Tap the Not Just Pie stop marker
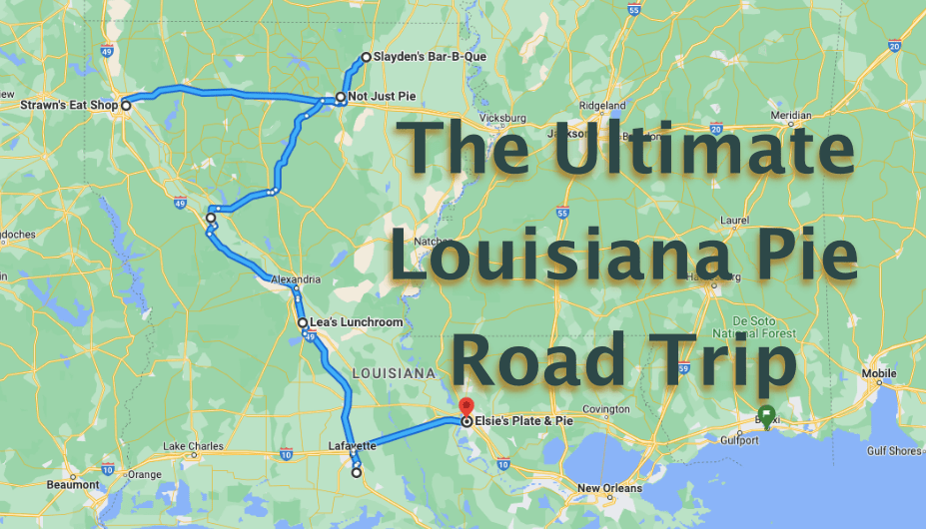[341, 98]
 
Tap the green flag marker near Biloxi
[766, 413]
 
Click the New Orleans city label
[610, 488]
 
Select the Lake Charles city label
[188, 445]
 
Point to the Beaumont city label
[73, 485]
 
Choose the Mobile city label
[878, 375]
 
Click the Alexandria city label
[296, 279]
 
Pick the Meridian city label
[790, 115]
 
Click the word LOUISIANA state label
[394, 372]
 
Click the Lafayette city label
[352, 445]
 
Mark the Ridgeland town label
[602, 105]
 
